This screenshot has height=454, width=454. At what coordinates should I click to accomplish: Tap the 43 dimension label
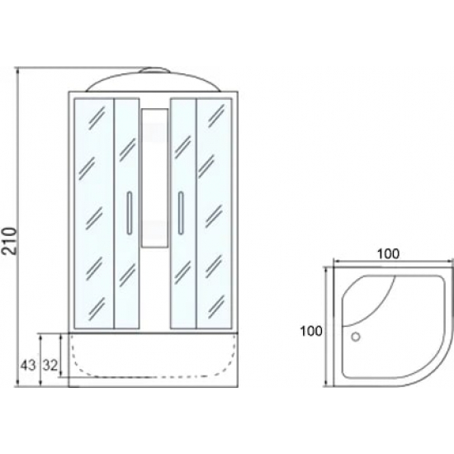[28, 366]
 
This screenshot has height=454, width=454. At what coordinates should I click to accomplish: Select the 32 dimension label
[50, 366]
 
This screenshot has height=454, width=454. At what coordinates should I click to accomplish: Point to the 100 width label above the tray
[388, 253]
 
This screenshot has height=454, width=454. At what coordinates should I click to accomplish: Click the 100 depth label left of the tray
[311, 331]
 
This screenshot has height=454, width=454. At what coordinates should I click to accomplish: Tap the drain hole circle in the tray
[356, 337]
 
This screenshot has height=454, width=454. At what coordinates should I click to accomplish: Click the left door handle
[130, 212]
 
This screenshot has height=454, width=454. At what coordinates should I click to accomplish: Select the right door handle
[181, 212]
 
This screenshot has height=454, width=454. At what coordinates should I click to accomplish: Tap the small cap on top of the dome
[154, 70]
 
